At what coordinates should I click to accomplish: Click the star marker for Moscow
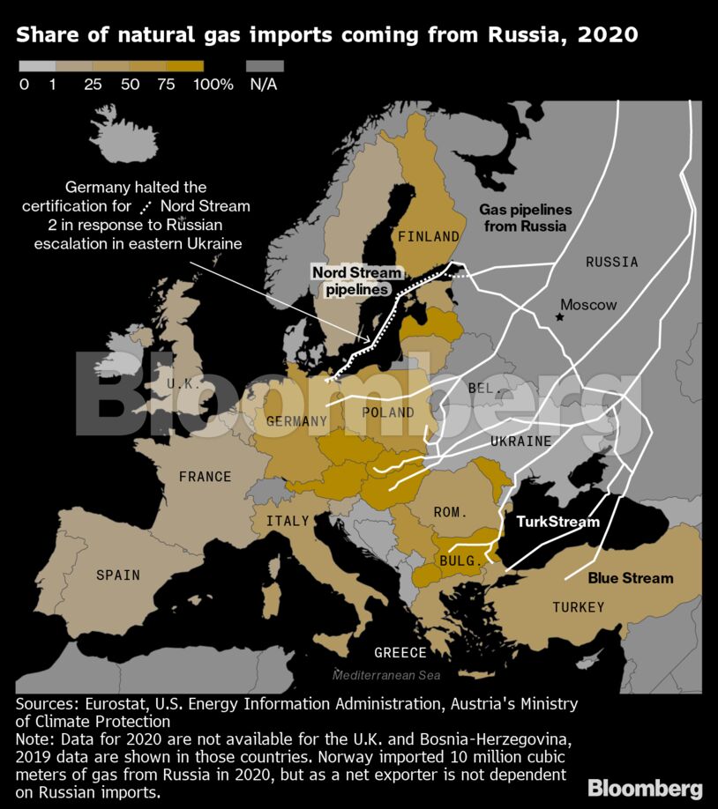click(558, 316)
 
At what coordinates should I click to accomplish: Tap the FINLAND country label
click(429, 236)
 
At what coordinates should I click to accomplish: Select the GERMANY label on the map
click(296, 421)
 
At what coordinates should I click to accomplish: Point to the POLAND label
click(388, 412)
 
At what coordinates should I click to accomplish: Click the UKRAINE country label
click(521, 441)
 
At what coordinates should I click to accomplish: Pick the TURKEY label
click(579, 606)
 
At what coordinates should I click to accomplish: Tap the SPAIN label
click(118, 575)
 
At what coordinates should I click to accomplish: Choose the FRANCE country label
click(205, 477)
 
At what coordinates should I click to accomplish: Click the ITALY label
click(288, 521)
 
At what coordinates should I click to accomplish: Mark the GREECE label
click(400, 653)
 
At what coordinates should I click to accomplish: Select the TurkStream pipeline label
click(557, 522)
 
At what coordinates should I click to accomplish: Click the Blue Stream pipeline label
click(631, 578)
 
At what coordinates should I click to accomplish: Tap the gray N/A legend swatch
click(265, 66)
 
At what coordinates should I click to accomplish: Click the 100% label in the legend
click(213, 85)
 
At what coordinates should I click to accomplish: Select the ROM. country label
click(450, 512)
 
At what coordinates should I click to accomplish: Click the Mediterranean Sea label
click(385, 675)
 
